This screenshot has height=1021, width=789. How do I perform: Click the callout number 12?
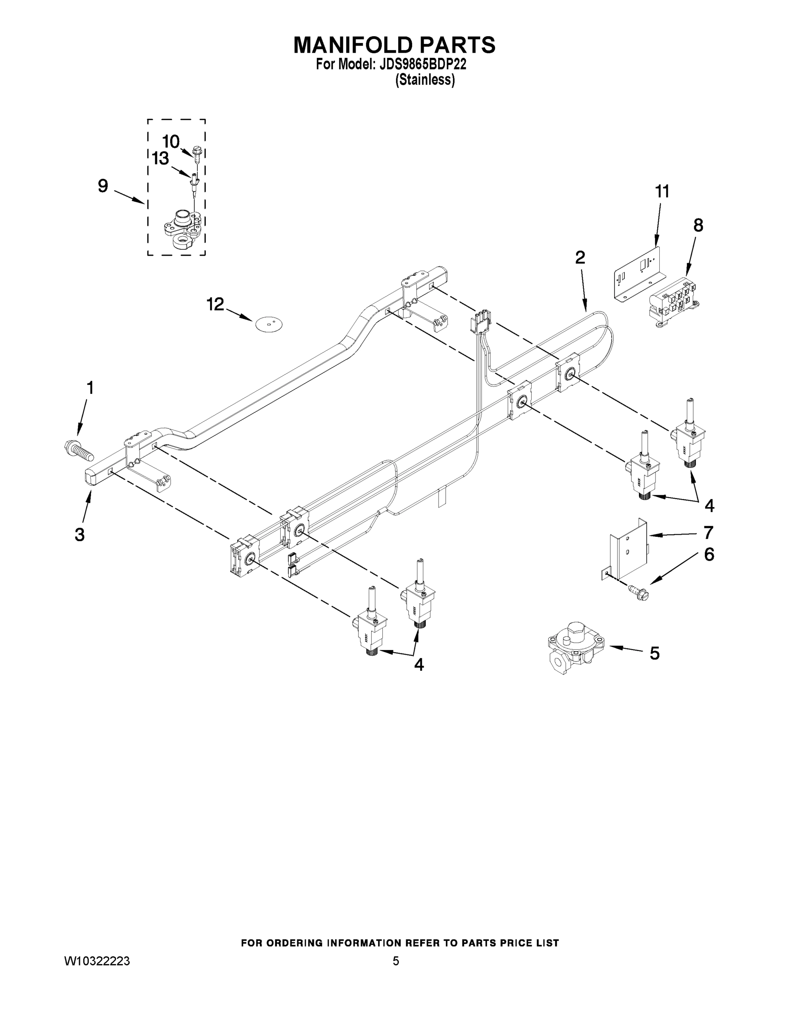pyautogui.click(x=216, y=304)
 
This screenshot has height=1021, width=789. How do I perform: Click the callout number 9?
pyautogui.click(x=103, y=186)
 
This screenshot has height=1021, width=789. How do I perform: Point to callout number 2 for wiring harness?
pyautogui.click(x=580, y=257)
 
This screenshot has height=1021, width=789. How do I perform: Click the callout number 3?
pyautogui.click(x=80, y=534)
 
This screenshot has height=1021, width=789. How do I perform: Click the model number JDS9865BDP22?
pyautogui.click(x=423, y=65)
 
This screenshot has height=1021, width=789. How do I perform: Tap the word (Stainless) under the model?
pyautogui.click(x=425, y=80)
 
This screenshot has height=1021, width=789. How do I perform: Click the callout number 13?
pyautogui.click(x=160, y=159)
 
